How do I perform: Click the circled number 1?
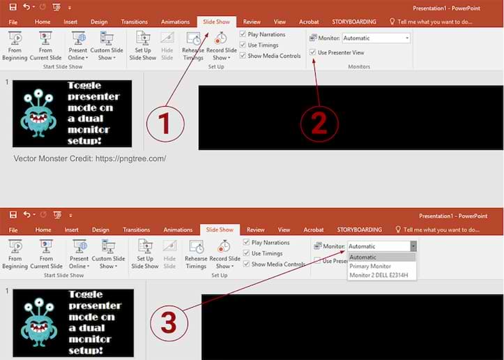(165, 123)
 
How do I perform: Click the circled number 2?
(319, 123)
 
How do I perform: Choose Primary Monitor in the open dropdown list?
(370, 266)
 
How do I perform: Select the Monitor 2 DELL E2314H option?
(382, 275)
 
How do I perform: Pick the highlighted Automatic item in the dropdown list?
(362, 257)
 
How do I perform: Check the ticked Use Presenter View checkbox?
(313, 52)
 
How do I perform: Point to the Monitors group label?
(358, 66)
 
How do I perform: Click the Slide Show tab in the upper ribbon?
(216, 22)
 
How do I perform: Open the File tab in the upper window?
(13, 22)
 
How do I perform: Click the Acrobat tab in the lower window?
(314, 230)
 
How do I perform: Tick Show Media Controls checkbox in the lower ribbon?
(246, 264)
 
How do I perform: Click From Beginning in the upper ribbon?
(15, 45)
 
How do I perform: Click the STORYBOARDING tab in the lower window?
(359, 230)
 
